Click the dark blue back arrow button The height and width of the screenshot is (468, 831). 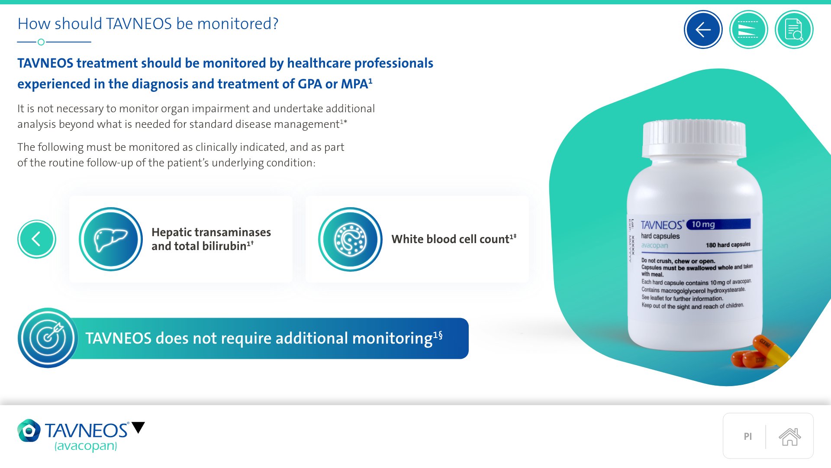[x=703, y=29]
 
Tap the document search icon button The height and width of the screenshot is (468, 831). [x=794, y=29]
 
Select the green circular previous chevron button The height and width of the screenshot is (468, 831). [x=37, y=239]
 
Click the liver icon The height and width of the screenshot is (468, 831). [x=111, y=239]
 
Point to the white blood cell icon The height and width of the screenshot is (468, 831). [x=350, y=239]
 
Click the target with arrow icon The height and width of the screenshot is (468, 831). [x=48, y=338]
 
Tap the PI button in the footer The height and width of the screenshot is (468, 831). [x=748, y=436]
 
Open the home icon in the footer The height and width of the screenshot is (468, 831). [x=790, y=436]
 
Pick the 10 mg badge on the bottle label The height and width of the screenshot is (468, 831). [x=718, y=224]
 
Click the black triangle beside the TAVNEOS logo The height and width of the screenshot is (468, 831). [x=138, y=427]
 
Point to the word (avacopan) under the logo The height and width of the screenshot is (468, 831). [x=86, y=446]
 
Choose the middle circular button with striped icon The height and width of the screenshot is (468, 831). [x=748, y=29]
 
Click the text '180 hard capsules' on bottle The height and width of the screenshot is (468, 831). [x=728, y=245]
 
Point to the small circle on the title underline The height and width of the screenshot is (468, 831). [x=41, y=42]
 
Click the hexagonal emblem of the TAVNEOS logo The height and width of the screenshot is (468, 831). [x=29, y=430]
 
